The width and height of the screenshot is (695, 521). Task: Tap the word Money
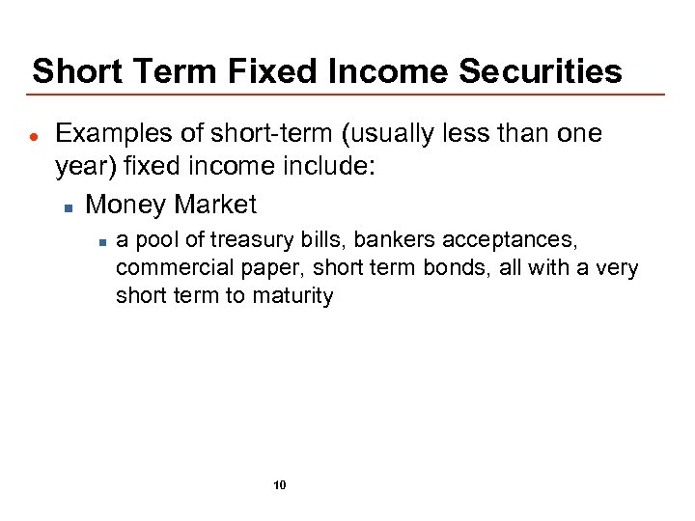coord(125,205)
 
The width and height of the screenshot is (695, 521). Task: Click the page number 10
coord(280,485)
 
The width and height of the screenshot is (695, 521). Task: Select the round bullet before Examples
coord(34,135)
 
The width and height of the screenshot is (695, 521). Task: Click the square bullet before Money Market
coord(69,206)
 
